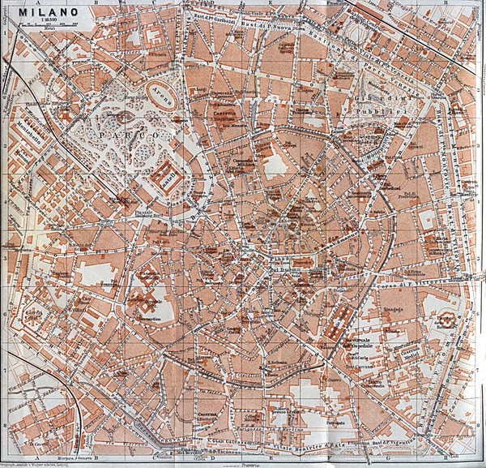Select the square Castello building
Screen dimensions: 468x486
click(167, 174)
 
